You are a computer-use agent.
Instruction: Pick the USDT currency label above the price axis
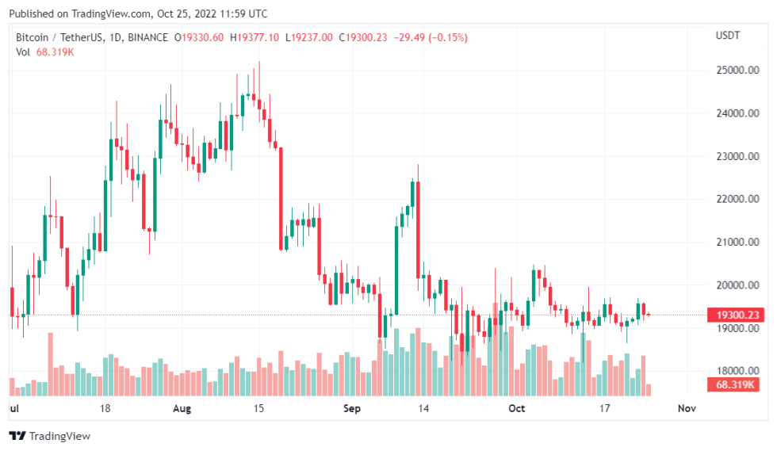point(728,36)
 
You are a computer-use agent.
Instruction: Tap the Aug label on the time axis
point(182,409)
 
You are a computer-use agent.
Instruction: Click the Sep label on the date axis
point(352,409)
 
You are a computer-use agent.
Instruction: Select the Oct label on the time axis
point(517,409)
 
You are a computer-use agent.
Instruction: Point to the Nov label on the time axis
point(687,409)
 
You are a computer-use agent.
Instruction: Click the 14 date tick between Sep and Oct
point(424,409)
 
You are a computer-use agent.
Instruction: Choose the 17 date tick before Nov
point(604,409)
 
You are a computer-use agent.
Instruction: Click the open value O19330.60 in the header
point(200,37)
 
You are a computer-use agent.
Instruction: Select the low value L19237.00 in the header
point(310,37)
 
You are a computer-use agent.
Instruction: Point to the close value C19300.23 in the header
point(364,37)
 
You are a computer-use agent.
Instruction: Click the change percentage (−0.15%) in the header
point(449,37)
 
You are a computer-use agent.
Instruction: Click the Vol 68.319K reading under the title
point(45,52)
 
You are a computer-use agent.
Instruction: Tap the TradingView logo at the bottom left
point(50,436)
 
